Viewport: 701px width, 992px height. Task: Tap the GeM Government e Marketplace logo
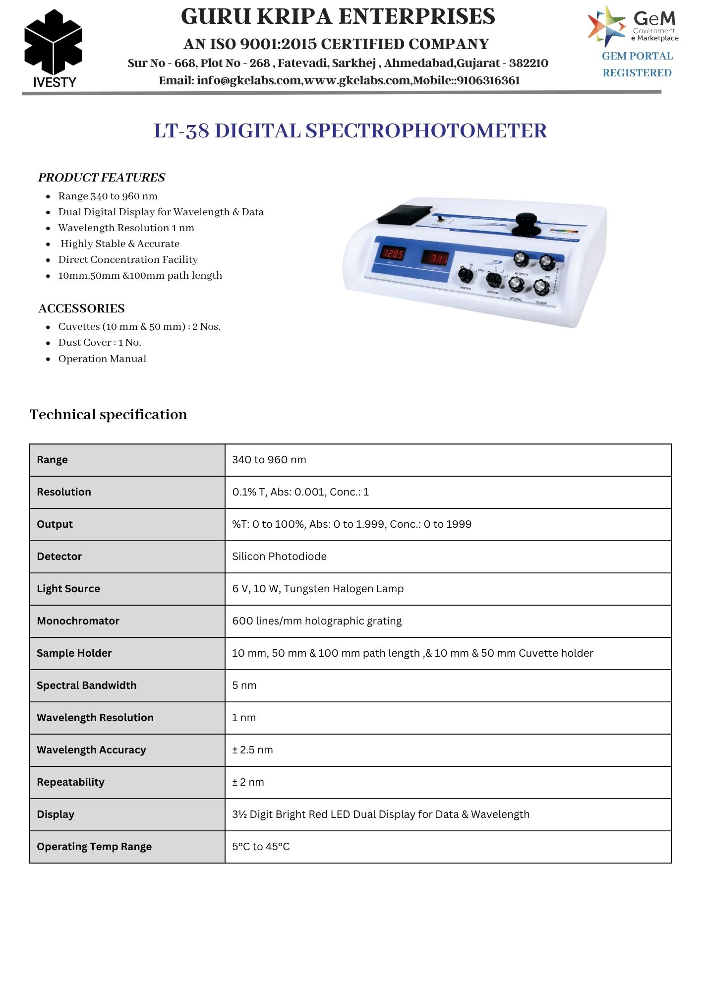click(x=633, y=26)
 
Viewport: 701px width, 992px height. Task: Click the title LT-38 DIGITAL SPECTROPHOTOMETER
click(x=350, y=131)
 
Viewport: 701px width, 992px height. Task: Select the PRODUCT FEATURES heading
click(x=102, y=178)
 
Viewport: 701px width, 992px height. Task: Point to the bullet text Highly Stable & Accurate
click(x=120, y=244)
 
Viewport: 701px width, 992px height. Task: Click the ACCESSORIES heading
click(x=82, y=309)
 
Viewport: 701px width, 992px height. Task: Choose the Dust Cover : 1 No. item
click(x=100, y=342)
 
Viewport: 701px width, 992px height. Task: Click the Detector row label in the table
click(x=59, y=557)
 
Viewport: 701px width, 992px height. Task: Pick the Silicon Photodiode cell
click(x=279, y=557)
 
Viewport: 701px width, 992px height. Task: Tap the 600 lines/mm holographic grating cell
click(x=317, y=621)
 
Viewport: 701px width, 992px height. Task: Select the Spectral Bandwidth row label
click(x=87, y=685)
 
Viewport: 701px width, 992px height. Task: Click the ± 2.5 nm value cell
click(x=252, y=750)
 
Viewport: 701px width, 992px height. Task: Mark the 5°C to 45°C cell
click(x=261, y=847)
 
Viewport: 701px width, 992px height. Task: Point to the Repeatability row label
click(x=71, y=782)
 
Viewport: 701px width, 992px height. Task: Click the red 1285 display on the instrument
click(x=393, y=254)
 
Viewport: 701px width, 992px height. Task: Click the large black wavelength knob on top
click(x=526, y=222)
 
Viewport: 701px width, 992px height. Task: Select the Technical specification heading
click(x=109, y=415)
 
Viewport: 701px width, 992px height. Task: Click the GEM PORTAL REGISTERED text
click(x=637, y=64)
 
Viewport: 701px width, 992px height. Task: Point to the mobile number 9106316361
click(x=488, y=80)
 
